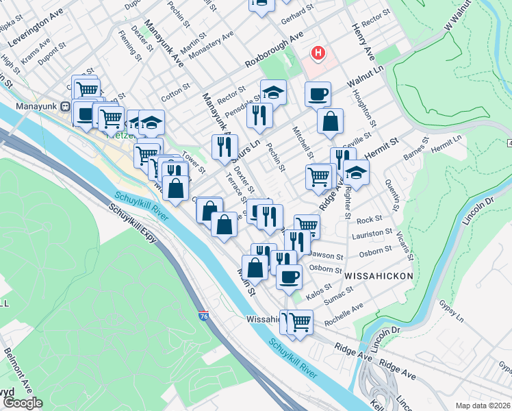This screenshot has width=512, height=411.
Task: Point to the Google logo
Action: (x=23, y=403)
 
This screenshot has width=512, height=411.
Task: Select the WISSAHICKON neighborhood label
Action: (x=379, y=275)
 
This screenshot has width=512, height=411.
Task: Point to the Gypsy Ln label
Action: (x=452, y=306)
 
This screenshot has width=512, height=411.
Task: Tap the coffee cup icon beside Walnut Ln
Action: (x=317, y=94)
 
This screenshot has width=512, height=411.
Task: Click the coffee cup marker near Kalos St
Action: (x=289, y=276)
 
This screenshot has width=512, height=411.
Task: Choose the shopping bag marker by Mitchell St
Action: (x=330, y=121)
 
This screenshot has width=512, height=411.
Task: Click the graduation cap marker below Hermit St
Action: (x=356, y=173)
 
